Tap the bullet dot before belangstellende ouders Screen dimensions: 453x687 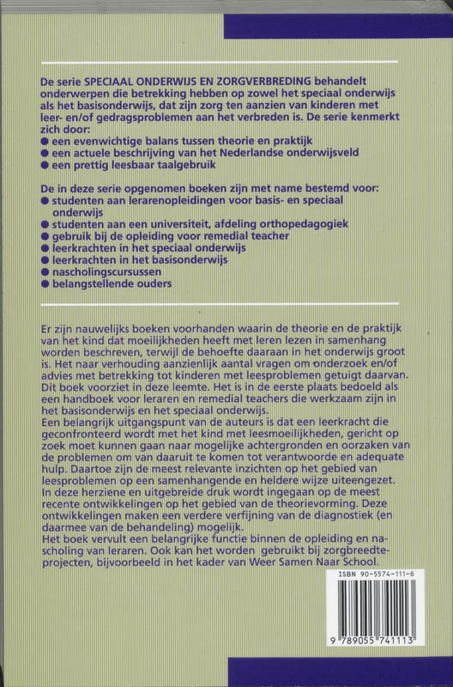point(45,283)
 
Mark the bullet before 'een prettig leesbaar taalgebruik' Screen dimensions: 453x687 point(45,165)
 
